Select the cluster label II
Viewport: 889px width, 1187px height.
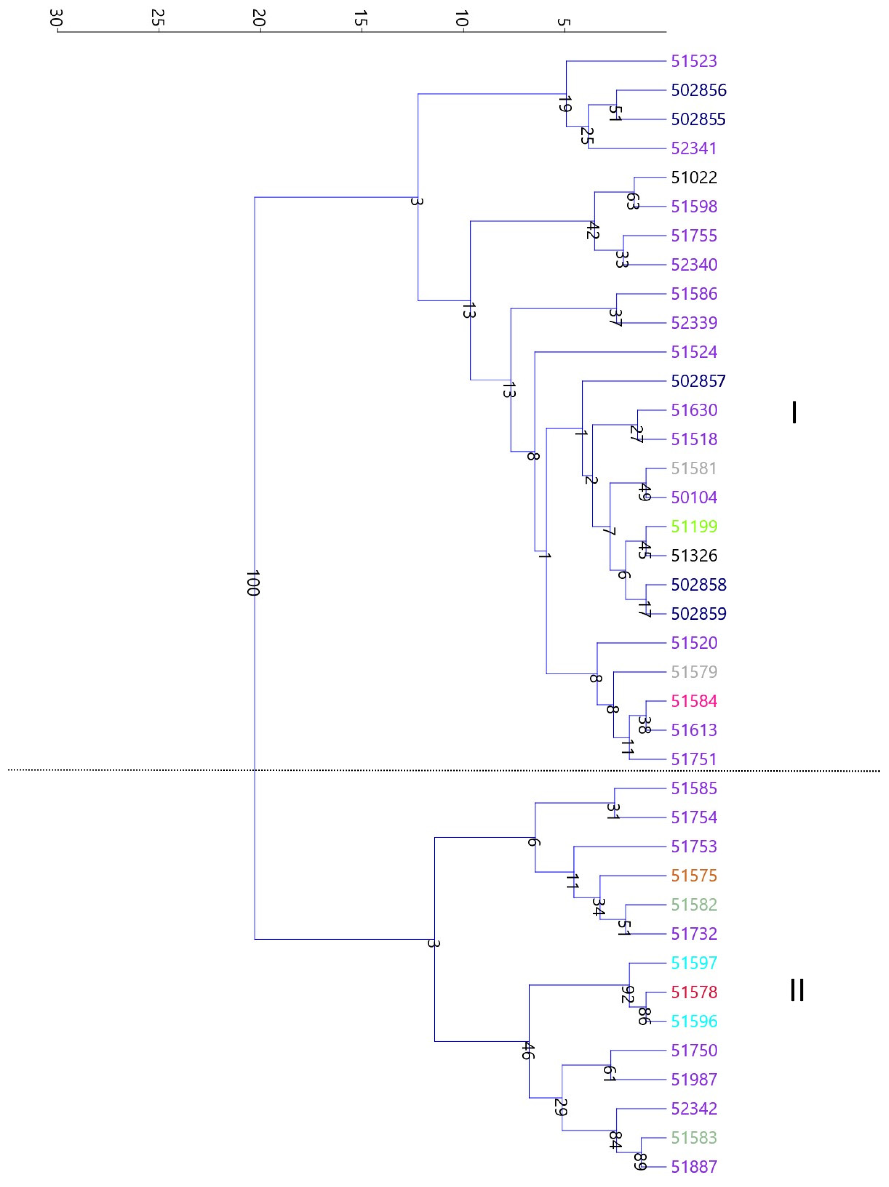(797, 990)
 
